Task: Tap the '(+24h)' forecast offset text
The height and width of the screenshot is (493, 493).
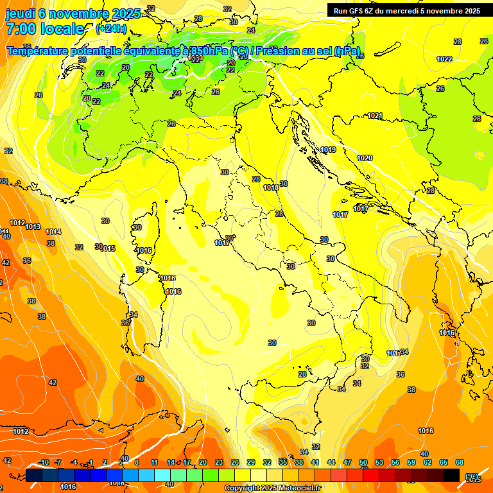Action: coord(111,29)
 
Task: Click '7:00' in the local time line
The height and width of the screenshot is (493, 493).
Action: coord(21,29)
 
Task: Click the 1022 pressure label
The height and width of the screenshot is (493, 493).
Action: coord(444,59)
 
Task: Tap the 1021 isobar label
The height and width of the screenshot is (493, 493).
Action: coord(375,116)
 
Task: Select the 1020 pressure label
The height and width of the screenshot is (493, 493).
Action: coord(365,158)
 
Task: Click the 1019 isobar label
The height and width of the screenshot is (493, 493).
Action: coord(328,150)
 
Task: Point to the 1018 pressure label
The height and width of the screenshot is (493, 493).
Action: coord(271,187)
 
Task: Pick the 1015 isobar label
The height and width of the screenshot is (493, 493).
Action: coord(107,248)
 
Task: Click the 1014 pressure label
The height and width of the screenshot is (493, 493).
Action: coord(53,232)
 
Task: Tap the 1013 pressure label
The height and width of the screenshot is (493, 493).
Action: coord(33,227)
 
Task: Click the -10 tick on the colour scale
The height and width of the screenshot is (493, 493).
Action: coord(44,462)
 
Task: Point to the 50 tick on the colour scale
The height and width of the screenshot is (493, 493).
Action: coord(363,462)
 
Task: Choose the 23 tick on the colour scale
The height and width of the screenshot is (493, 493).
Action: coord(219,462)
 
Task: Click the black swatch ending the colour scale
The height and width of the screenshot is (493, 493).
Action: coord(451,475)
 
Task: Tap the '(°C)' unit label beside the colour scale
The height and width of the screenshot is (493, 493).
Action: coord(472,476)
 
